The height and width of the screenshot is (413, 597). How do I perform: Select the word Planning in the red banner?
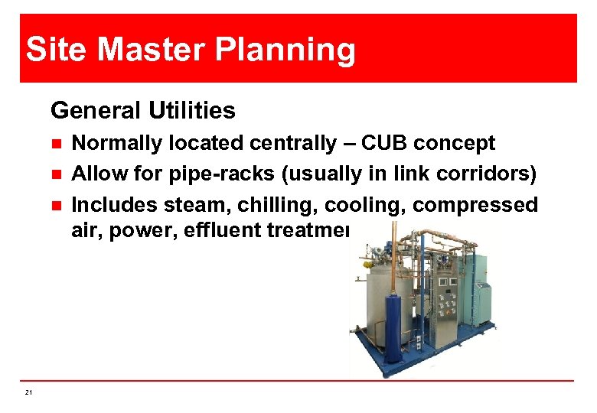coord(288,50)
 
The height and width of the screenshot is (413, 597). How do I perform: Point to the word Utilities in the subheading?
coord(188,112)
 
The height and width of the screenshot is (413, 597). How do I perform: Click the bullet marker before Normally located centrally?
coord(56,144)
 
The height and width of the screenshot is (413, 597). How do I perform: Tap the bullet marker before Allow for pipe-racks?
coord(56,175)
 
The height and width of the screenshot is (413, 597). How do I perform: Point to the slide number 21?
coord(28,393)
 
